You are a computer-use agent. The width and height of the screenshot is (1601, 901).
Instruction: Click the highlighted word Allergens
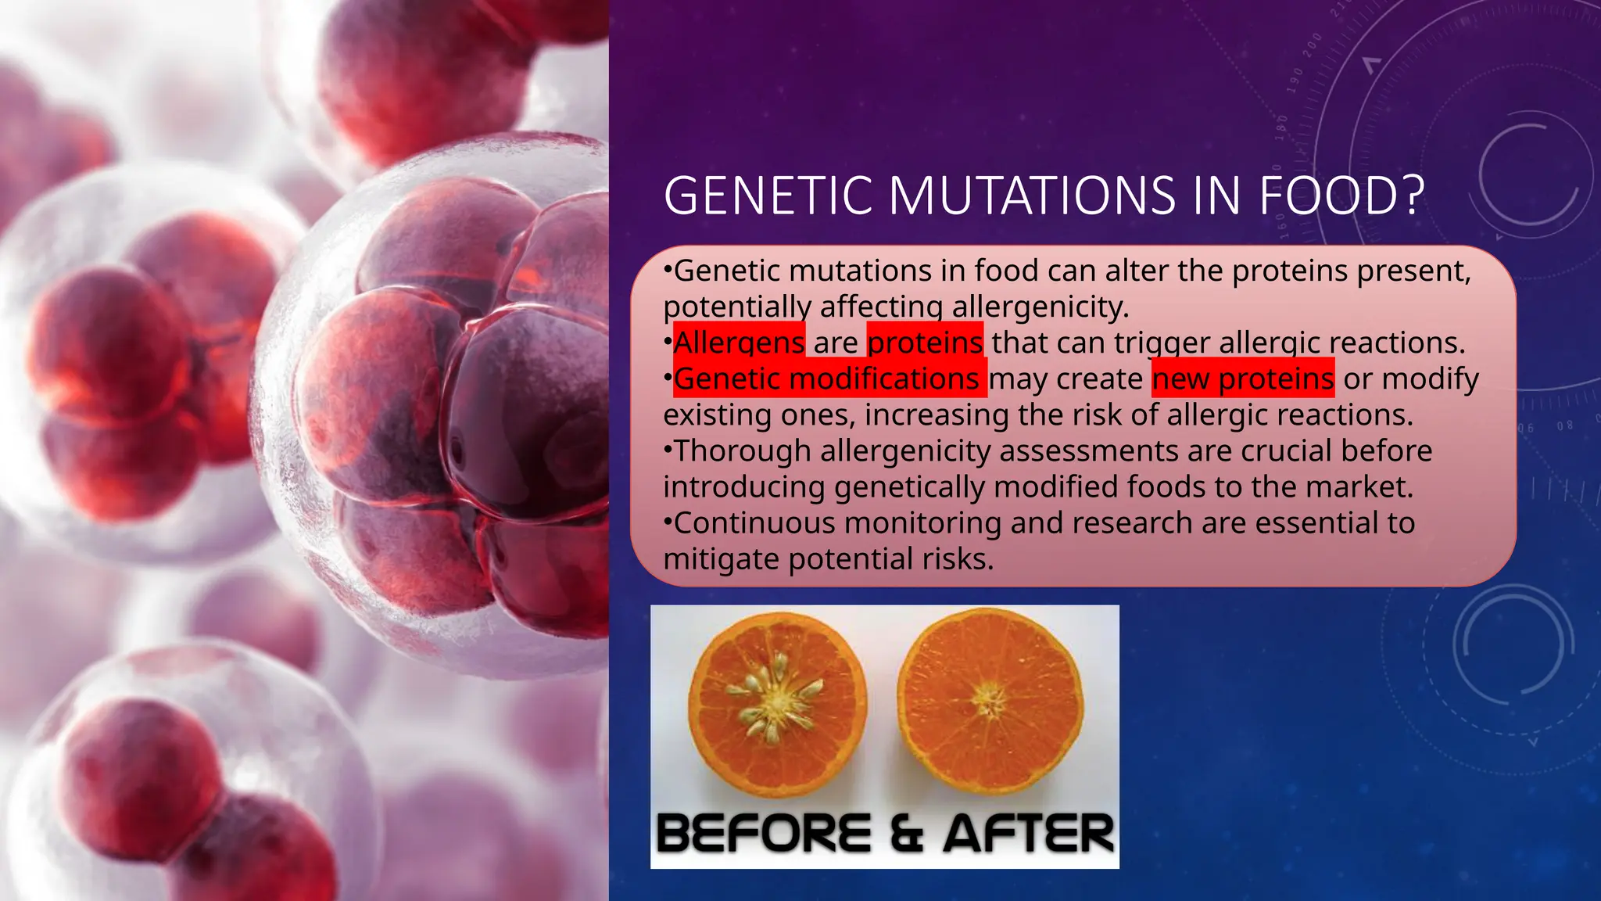tap(739, 343)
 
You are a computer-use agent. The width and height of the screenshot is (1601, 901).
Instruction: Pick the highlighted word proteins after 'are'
tap(925, 343)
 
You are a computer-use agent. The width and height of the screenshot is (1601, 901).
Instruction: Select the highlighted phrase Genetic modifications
tap(826, 379)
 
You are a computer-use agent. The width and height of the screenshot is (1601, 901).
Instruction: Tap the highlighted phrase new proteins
tap(1243, 379)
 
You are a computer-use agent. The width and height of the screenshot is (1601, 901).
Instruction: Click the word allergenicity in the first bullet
tap(1040, 307)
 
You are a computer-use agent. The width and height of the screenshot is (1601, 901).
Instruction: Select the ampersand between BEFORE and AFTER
tap(907, 833)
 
